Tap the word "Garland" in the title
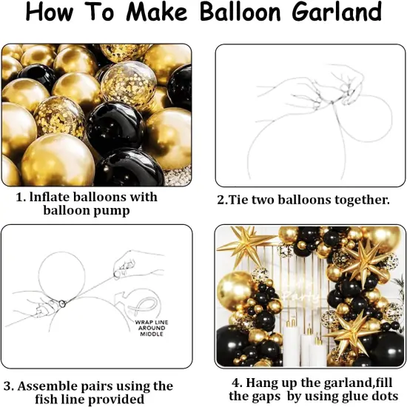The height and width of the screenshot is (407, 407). pos(334,13)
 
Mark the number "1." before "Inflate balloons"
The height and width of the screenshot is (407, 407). pos(22,198)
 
